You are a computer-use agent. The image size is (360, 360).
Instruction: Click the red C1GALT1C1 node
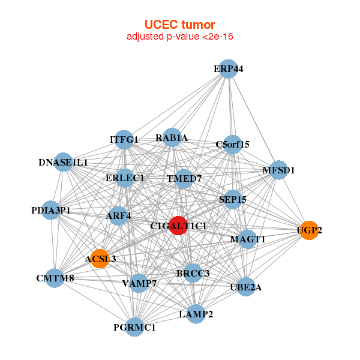click(178, 226)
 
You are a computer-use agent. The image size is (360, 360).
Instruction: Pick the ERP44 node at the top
click(227, 68)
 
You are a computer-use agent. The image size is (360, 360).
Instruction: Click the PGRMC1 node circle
click(136, 327)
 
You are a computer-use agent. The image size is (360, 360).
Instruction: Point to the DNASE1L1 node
click(63, 162)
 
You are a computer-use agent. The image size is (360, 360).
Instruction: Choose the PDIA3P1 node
click(52, 210)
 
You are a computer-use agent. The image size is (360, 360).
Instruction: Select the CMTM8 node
click(55, 278)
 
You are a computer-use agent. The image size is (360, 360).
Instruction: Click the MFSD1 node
click(278, 170)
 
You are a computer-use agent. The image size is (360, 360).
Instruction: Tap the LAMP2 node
click(196, 313)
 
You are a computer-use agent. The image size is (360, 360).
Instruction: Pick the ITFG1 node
click(124, 140)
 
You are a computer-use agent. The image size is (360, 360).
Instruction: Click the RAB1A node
click(172, 138)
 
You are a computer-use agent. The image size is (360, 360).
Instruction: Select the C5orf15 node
click(232, 144)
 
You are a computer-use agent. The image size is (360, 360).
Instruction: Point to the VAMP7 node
click(139, 283)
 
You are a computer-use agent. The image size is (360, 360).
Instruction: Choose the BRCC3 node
click(193, 273)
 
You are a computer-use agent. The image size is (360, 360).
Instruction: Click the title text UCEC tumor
click(180, 25)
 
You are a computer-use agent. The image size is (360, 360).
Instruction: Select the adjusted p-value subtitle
click(180, 37)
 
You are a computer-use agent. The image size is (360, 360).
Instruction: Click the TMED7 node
click(184, 178)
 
